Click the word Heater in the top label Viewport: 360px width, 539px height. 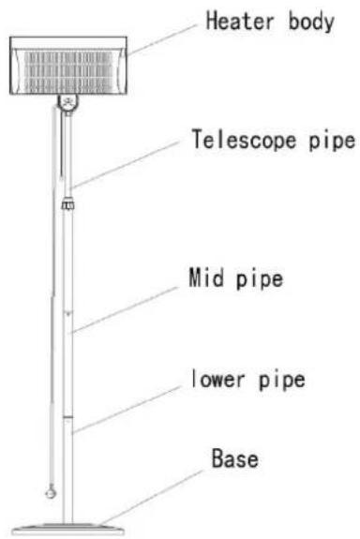pyautogui.click(x=240, y=21)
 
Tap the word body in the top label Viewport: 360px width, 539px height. pyautogui.click(x=311, y=22)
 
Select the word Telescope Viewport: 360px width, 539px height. pyautogui.click(x=244, y=140)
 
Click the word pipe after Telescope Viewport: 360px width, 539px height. pyautogui.click(x=332, y=142)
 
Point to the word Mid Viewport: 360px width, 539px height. pyautogui.click(x=205, y=277)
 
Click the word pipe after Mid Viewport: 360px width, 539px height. pyautogui.click(x=260, y=278)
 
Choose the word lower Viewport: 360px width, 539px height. pyautogui.click(x=217, y=379)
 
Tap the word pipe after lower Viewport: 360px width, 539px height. pyautogui.click(x=281, y=381)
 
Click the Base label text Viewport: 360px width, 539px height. pyautogui.click(x=234, y=457)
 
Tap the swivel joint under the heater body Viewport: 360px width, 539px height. pyautogui.click(x=68, y=103)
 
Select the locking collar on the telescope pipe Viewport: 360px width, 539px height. pyautogui.click(x=67, y=202)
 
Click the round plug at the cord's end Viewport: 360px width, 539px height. pyautogui.click(x=51, y=492)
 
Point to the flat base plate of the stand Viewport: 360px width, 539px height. pyautogui.click(x=68, y=530)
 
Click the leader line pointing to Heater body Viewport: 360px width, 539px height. pyautogui.click(x=162, y=39)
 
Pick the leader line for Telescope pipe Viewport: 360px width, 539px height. pyautogui.click(x=126, y=164)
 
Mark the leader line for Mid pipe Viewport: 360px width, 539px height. pyautogui.click(x=125, y=310)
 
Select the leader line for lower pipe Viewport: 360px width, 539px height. pyautogui.click(x=126, y=410)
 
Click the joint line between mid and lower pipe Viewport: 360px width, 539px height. pyautogui.click(x=67, y=417)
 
